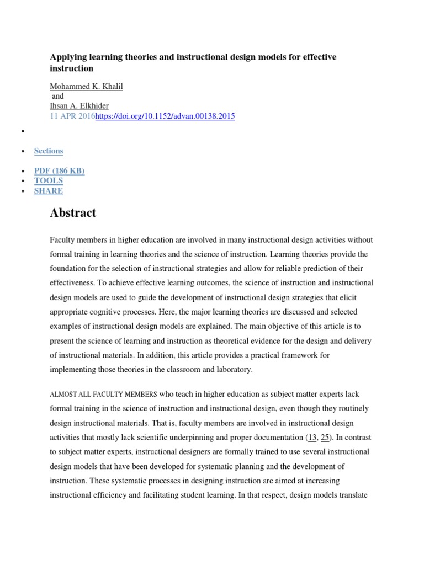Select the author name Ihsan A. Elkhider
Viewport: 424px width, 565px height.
(x=79, y=106)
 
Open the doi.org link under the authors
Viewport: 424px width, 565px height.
(x=165, y=116)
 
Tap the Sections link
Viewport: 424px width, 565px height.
(x=49, y=151)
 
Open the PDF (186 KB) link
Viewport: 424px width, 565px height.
(x=59, y=170)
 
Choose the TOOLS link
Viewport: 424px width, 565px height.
(x=49, y=180)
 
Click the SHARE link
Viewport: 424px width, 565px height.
(x=49, y=191)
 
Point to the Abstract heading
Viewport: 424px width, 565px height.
(x=73, y=213)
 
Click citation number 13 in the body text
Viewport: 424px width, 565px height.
(x=312, y=437)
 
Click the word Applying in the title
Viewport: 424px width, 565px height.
(x=67, y=57)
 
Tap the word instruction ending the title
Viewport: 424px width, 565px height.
(x=72, y=68)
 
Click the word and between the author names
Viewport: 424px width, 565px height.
(x=57, y=96)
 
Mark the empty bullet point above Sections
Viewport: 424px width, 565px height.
(x=23, y=131)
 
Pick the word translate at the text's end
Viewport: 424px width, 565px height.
(x=350, y=494)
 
